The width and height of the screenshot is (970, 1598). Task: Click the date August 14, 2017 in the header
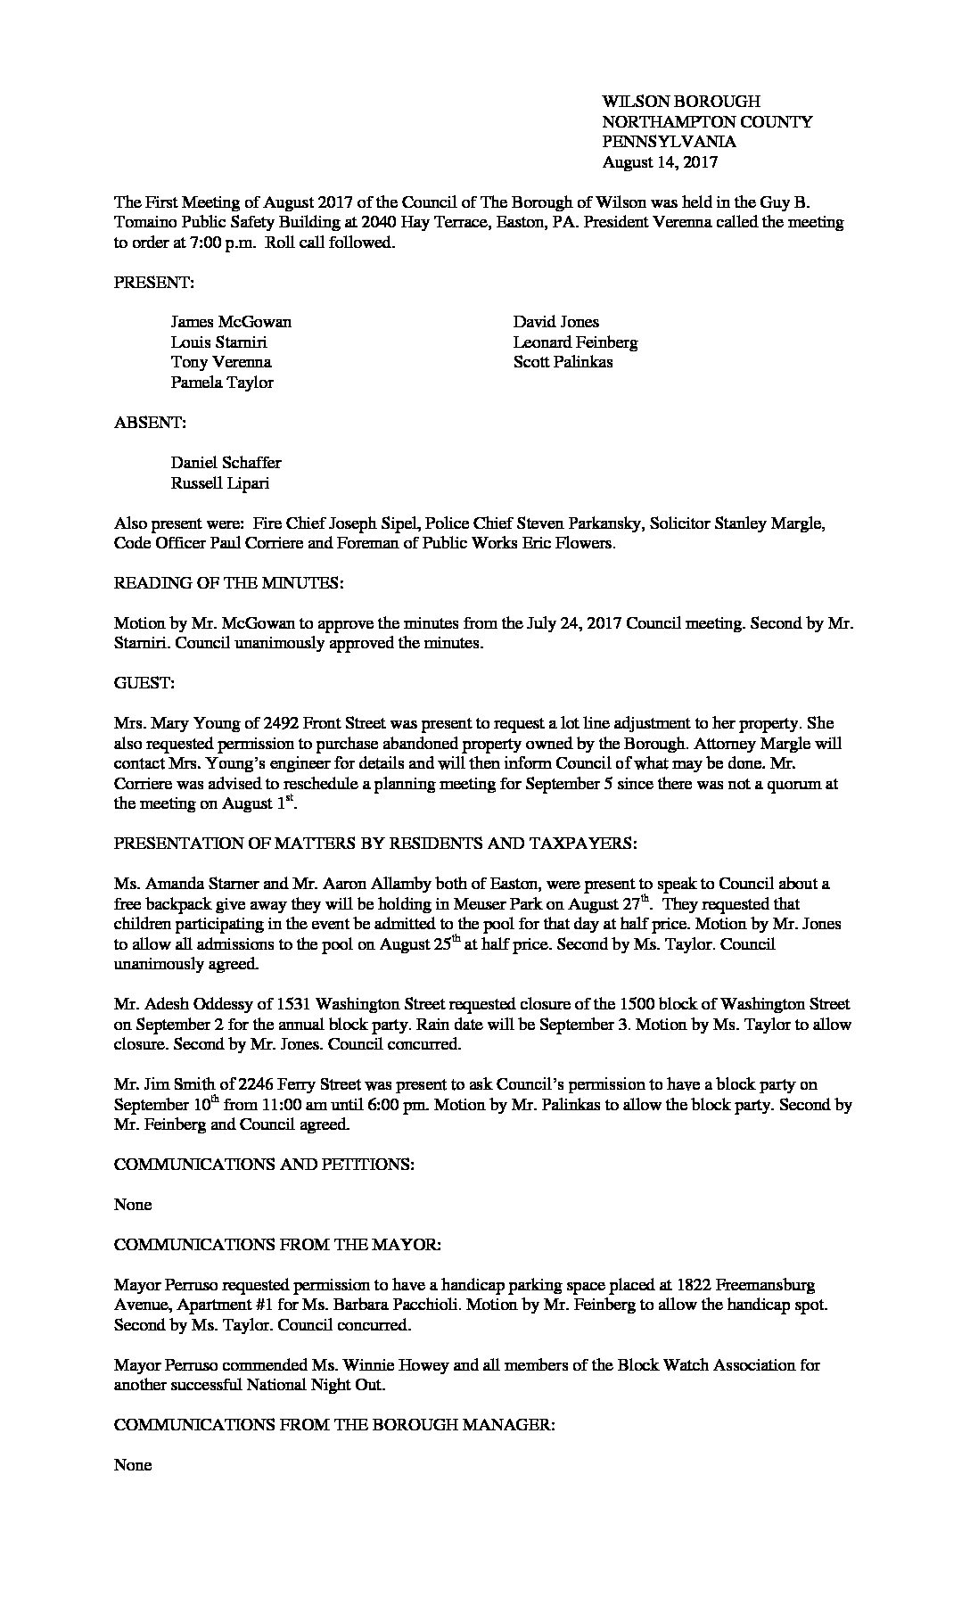tap(660, 162)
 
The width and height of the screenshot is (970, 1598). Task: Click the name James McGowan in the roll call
tap(231, 322)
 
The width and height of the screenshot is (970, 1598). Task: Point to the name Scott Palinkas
tap(563, 362)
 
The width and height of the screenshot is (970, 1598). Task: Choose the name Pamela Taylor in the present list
tap(222, 383)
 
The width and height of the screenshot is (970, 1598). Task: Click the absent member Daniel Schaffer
tap(226, 463)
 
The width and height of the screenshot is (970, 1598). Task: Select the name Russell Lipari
tap(219, 483)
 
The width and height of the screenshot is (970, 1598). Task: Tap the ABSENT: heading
tap(150, 423)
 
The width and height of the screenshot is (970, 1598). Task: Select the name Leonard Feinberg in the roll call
tap(575, 342)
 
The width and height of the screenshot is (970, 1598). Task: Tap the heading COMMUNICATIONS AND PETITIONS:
tap(264, 1165)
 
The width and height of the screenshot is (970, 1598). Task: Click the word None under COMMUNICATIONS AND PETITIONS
tap(133, 1205)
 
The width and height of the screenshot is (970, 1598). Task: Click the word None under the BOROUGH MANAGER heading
tap(133, 1465)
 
